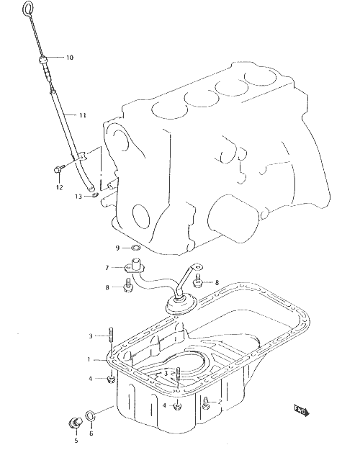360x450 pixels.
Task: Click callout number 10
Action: pyautogui.click(x=70, y=58)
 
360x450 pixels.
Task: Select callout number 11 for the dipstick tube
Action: pyautogui.click(x=82, y=115)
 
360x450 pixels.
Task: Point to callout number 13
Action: pyautogui.click(x=78, y=197)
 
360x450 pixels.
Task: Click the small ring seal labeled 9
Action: pyautogui.click(x=135, y=247)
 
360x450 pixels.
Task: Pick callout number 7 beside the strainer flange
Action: pyautogui.click(x=107, y=268)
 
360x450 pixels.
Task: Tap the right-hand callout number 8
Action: pyautogui.click(x=217, y=283)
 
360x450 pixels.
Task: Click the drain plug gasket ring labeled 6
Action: pyautogui.click(x=91, y=415)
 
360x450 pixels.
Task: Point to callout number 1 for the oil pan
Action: pyautogui.click(x=89, y=359)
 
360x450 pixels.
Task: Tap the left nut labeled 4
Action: pyautogui.click(x=111, y=379)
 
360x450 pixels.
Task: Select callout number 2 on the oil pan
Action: pyautogui.click(x=220, y=402)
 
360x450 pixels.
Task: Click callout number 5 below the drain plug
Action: pyautogui.click(x=76, y=441)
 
